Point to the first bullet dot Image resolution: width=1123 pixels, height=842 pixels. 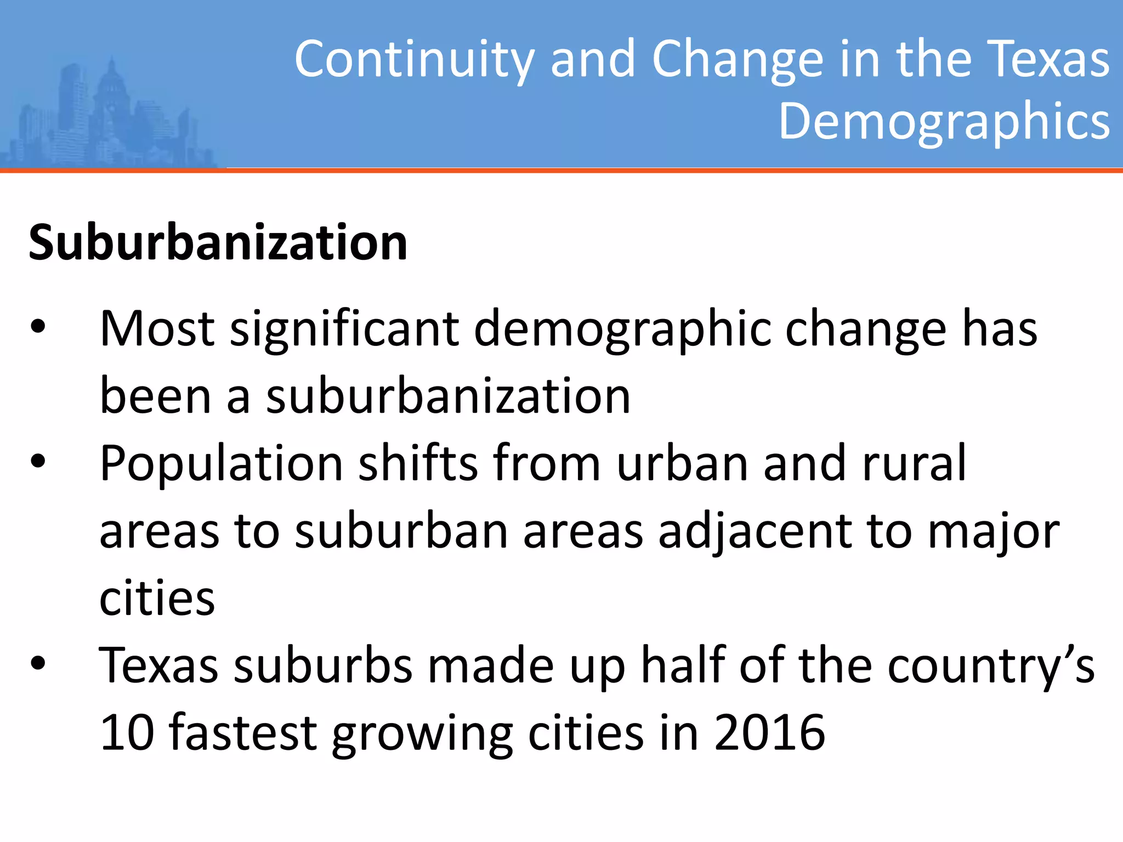point(38,327)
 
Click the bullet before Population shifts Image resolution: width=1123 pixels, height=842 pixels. point(38,462)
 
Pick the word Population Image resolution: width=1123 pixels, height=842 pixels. point(221,464)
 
